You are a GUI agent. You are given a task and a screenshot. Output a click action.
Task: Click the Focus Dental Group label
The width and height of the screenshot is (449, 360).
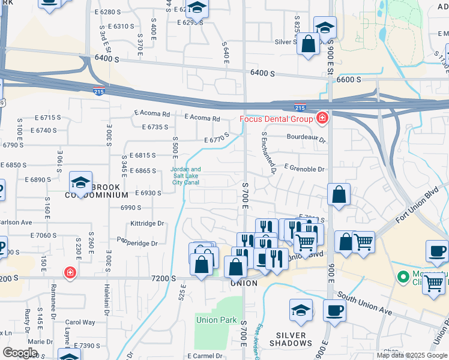click(x=276, y=118)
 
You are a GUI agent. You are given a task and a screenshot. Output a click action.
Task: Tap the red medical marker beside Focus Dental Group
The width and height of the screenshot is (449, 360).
click(x=322, y=118)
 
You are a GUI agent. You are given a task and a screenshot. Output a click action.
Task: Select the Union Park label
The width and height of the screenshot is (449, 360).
click(x=216, y=320)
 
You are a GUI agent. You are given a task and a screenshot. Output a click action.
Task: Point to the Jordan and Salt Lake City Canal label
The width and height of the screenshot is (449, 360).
click(x=186, y=176)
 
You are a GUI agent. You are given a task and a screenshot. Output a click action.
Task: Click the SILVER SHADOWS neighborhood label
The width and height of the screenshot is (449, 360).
click(x=291, y=339)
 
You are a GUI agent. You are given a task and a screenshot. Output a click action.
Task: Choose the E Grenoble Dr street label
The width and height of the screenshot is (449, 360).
click(x=304, y=169)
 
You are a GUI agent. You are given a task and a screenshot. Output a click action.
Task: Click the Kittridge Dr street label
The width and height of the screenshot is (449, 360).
click(x=147, y=223)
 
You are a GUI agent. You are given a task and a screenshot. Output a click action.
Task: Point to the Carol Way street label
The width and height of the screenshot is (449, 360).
click(x=80, y=322)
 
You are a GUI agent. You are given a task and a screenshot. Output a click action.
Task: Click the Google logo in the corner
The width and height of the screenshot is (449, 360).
click(x=20, y=353)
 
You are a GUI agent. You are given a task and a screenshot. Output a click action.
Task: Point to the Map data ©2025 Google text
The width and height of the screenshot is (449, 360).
click(x=411, y=355)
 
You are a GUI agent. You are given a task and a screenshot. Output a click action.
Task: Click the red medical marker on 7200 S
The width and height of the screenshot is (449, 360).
click(x=70, y=273)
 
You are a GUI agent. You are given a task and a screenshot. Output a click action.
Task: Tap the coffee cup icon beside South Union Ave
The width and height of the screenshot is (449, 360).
click(x=334, y=310)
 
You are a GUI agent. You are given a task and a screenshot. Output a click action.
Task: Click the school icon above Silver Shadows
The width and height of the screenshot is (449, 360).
click(x=301, y=310)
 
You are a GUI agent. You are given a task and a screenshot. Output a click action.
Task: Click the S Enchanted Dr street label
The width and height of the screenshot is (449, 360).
click(x=268, y=153)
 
